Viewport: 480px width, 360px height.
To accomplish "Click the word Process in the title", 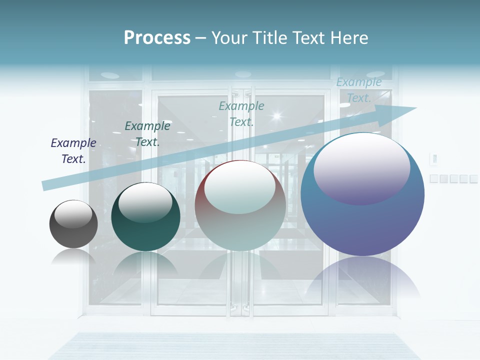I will [x=157, y=38].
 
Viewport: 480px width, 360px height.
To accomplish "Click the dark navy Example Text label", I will [x=73, y=151].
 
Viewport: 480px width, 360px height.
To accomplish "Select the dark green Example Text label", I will [x=147, y=134].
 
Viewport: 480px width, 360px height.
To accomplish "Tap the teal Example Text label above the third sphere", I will [x=241, y=113].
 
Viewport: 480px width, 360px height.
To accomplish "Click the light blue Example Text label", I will [x=359, y=90].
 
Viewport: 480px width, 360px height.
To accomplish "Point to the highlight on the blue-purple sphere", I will [x=362, y=168].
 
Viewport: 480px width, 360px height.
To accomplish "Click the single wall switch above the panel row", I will [x=434, y=159].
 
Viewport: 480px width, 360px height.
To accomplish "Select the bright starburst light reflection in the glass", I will [x=276, y=117].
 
